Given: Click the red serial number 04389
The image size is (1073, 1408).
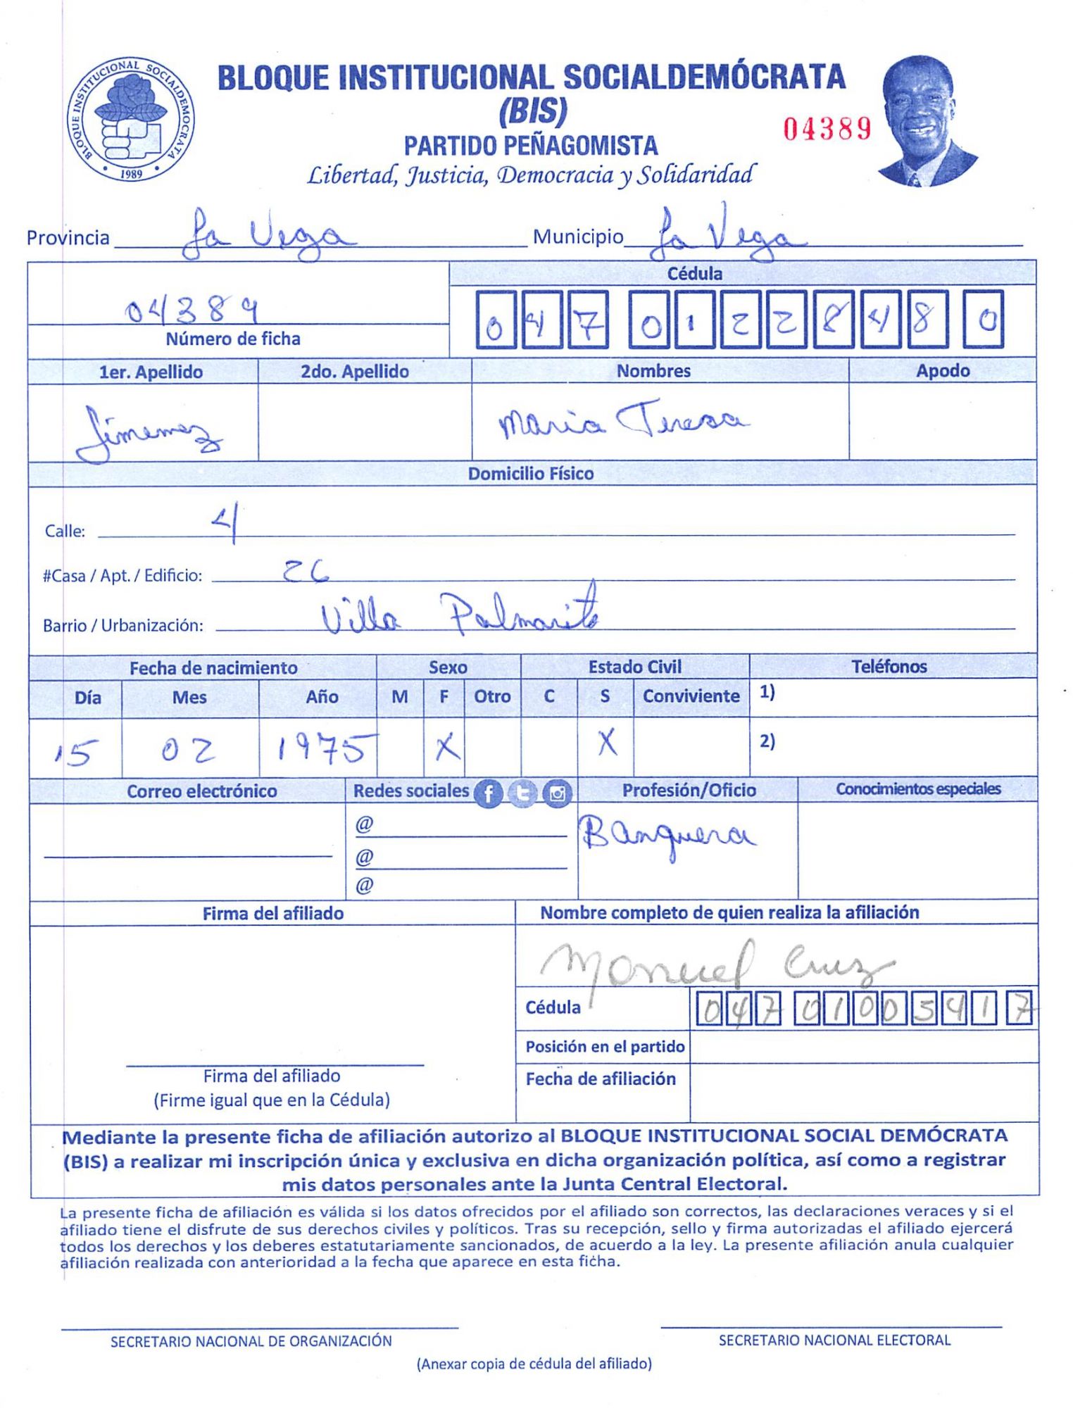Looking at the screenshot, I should pos(827,129).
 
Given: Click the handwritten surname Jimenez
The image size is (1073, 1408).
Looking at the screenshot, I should pos(148,431).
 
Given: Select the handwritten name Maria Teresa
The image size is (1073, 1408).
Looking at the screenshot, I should pos(623,421).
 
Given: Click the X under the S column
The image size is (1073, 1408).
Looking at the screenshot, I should pos(607,743).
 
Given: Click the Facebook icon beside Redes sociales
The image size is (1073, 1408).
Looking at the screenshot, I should pos(488,793).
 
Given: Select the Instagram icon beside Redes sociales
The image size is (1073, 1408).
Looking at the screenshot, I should pos(557,793).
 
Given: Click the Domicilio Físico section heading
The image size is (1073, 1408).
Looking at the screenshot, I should pos(531,474).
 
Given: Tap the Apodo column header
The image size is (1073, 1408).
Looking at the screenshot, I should pos(942,371).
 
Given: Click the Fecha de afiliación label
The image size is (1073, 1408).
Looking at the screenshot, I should pos(601,1079).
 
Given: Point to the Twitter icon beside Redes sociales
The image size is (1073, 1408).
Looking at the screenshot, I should pos(522,793).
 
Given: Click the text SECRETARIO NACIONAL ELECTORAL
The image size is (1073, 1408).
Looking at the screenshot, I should pos(834,1340).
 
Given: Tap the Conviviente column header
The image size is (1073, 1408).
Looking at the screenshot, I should pos(691,696).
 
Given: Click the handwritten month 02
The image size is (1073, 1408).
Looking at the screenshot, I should pos(187,751).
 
